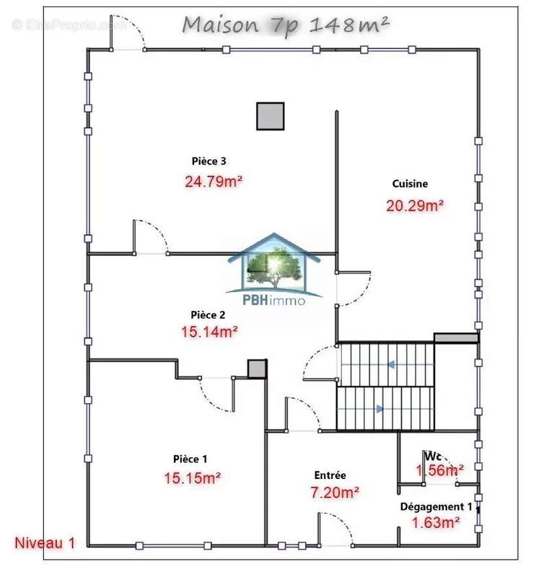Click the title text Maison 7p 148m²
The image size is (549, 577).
coord(286,25)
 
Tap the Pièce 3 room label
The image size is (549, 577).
coord(209,161)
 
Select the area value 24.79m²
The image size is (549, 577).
coord(214,181)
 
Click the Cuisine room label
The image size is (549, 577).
coord(410,184)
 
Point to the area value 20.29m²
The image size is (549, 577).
coord(415,206)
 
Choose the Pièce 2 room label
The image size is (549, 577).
coord(208,314)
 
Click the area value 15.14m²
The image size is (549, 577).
coord(209,332)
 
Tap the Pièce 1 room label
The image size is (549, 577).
coord(190,459)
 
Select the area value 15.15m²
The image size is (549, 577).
coord(192,477)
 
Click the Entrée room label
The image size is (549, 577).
coord(330,475)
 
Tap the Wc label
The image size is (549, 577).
coord(433,456)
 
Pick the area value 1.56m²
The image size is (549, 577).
coord(439,471)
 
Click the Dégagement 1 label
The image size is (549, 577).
coord(436,507)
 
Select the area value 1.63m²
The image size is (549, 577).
coord(436,523)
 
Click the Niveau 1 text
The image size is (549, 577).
coord(45,543)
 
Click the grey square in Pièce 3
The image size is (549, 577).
coord(271,116)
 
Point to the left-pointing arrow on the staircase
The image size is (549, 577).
coord(390,365)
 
